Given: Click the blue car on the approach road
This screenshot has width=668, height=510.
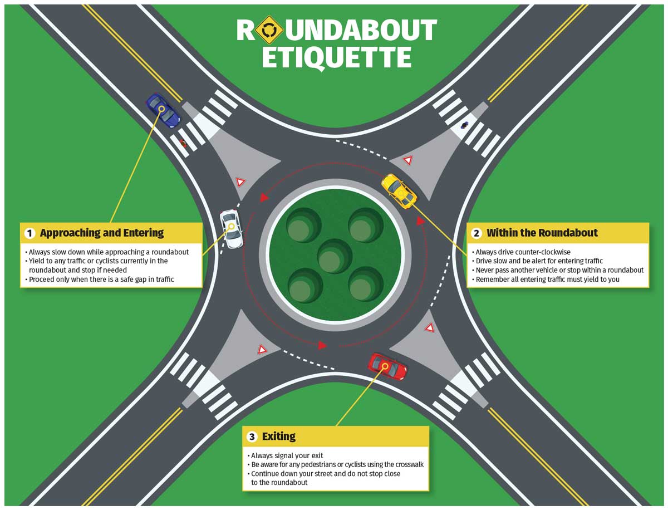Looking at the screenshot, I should (163, 110).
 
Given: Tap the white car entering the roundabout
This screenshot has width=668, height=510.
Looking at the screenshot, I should (231, 229).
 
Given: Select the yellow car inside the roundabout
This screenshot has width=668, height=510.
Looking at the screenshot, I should (399, 191).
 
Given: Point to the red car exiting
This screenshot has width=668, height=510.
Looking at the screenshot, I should (387, 366).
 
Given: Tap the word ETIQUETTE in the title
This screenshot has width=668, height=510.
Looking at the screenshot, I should (336, 58).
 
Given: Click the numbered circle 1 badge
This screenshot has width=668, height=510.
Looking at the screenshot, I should (30, 233).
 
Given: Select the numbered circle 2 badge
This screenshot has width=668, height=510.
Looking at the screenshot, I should (477, 233).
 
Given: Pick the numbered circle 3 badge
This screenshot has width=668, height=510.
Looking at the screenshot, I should (252, 436).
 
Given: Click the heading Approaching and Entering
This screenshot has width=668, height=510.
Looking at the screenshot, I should (102, 233).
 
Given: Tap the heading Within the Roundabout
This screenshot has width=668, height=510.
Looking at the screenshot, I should (542, 233).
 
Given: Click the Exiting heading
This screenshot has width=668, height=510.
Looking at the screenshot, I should (279, 436).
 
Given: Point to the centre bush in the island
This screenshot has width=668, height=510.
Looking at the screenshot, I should (335, 256).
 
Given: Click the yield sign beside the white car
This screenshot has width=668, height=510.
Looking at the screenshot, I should (240, 182).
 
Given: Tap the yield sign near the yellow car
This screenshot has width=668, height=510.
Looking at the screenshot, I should (408, 160).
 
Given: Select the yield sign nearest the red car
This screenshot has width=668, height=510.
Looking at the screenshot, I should (429, 327).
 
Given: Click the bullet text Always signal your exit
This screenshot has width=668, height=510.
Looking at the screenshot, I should (287, 456).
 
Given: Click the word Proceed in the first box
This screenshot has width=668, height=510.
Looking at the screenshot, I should (42, 279).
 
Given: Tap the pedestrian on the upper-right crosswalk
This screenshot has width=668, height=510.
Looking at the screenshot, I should (464, 125).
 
